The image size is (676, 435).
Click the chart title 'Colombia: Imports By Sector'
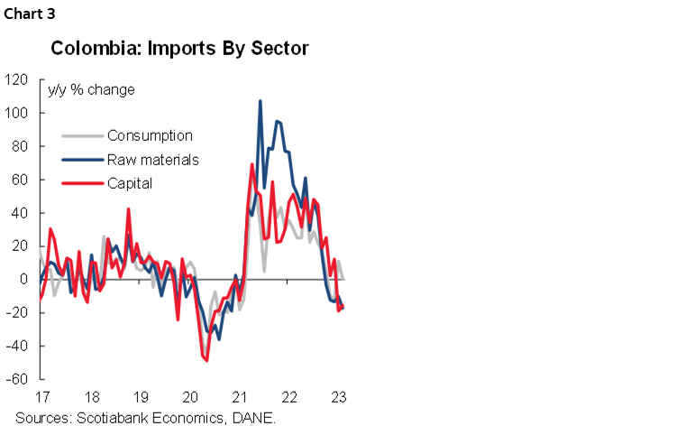point(179,48)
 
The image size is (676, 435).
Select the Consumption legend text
point(150,136)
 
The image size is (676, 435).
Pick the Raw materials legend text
point(152,160)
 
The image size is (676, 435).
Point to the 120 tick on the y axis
point(17,79)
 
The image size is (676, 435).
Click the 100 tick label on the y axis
point(17,113)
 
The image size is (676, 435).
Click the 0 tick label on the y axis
point(24,280)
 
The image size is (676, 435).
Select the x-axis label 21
point(240,397)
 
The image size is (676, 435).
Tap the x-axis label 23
point(339,397)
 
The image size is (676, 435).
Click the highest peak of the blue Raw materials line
point(260,101)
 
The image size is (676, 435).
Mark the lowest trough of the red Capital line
point(206,360)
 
